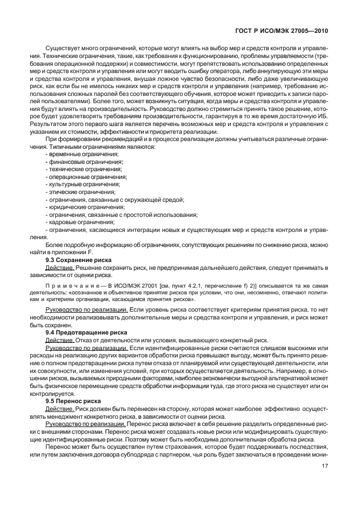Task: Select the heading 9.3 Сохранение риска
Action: tap(78, 260)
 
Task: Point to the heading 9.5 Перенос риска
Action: tap(73, 400)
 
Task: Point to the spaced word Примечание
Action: tap(69, 285)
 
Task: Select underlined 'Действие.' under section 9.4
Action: tap(60, 340)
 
